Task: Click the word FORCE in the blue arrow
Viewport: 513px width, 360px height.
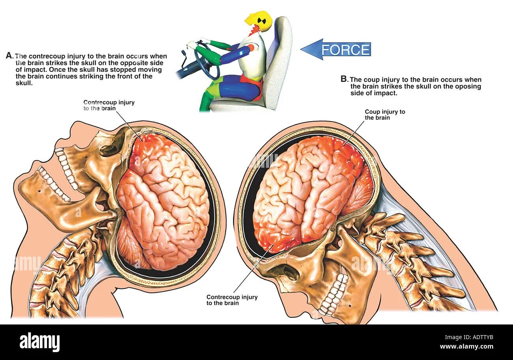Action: click(345, 50)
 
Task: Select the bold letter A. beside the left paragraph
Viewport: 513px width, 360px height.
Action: click(10, 56)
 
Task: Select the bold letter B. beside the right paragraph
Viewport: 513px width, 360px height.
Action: click(344, 79)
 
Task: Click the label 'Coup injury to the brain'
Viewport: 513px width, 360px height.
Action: click(385, 114)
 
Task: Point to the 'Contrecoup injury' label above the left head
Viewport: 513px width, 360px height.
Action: click(109, 105)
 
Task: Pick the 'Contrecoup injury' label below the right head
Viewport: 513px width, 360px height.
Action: click(232, 300)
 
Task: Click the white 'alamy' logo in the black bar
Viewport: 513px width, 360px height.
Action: click(40, 342)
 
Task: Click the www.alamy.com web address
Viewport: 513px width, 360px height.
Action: click(466, 347)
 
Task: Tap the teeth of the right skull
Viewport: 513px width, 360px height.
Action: click(333, 294)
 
